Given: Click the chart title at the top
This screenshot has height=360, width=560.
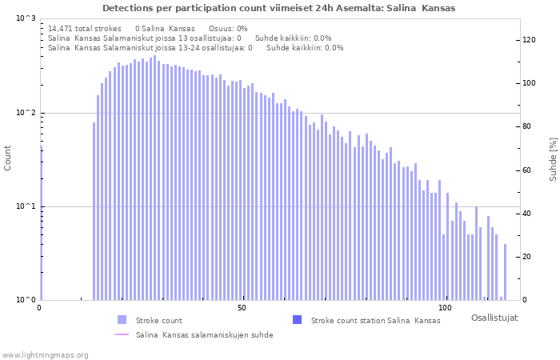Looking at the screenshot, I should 278,8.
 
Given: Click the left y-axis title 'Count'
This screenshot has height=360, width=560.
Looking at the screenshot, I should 8,158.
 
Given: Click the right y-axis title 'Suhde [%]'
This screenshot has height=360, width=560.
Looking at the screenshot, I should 553,158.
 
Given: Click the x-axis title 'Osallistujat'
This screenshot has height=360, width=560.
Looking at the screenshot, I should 494,318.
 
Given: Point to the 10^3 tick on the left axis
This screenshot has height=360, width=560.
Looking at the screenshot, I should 26,18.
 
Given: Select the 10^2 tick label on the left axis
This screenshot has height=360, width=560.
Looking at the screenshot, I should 26,113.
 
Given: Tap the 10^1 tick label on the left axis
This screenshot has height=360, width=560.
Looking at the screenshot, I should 26,206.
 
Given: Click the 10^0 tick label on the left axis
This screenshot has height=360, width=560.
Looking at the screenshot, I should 26,300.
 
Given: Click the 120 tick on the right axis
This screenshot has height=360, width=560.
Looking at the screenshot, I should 528,39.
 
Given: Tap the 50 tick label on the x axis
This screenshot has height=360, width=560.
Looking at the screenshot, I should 242,308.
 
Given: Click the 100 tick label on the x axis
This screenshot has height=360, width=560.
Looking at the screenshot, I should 446,308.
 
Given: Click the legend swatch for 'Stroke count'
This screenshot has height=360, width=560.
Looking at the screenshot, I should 122,320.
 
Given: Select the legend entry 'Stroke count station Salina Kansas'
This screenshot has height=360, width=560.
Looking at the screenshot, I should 375,320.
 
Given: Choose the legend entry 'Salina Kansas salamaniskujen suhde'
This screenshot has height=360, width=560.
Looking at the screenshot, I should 204,334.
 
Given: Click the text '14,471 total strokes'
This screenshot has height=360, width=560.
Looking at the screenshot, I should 85,28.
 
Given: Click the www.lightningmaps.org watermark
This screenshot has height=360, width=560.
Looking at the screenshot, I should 45,355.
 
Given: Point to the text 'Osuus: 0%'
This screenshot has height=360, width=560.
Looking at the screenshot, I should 228,28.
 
